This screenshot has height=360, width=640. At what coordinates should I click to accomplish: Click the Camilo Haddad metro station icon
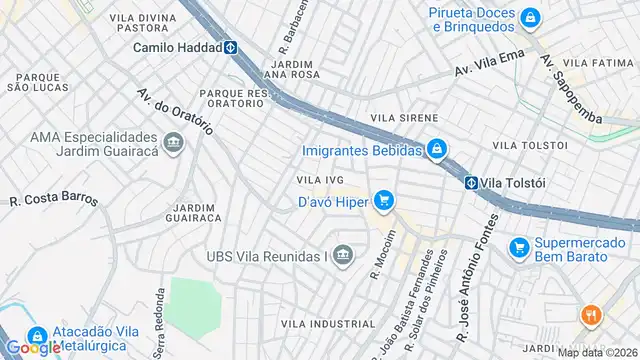[229, 46]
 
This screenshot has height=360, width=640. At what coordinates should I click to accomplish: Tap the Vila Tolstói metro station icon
[470, 183]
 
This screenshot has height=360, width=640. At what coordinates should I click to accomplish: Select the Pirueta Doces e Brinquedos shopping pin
[530, 16]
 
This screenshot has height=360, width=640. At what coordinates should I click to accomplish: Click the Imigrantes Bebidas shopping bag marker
[436, 151]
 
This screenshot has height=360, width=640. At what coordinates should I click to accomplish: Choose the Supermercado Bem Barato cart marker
[518, 246]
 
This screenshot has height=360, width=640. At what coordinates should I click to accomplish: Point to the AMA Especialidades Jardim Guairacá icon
[175, 145]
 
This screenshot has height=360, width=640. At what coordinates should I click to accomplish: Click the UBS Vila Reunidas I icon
[343, 256]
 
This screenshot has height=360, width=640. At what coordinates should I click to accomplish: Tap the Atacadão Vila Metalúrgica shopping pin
[37, 338]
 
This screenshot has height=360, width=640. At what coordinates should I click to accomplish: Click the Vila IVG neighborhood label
[320, 180]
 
